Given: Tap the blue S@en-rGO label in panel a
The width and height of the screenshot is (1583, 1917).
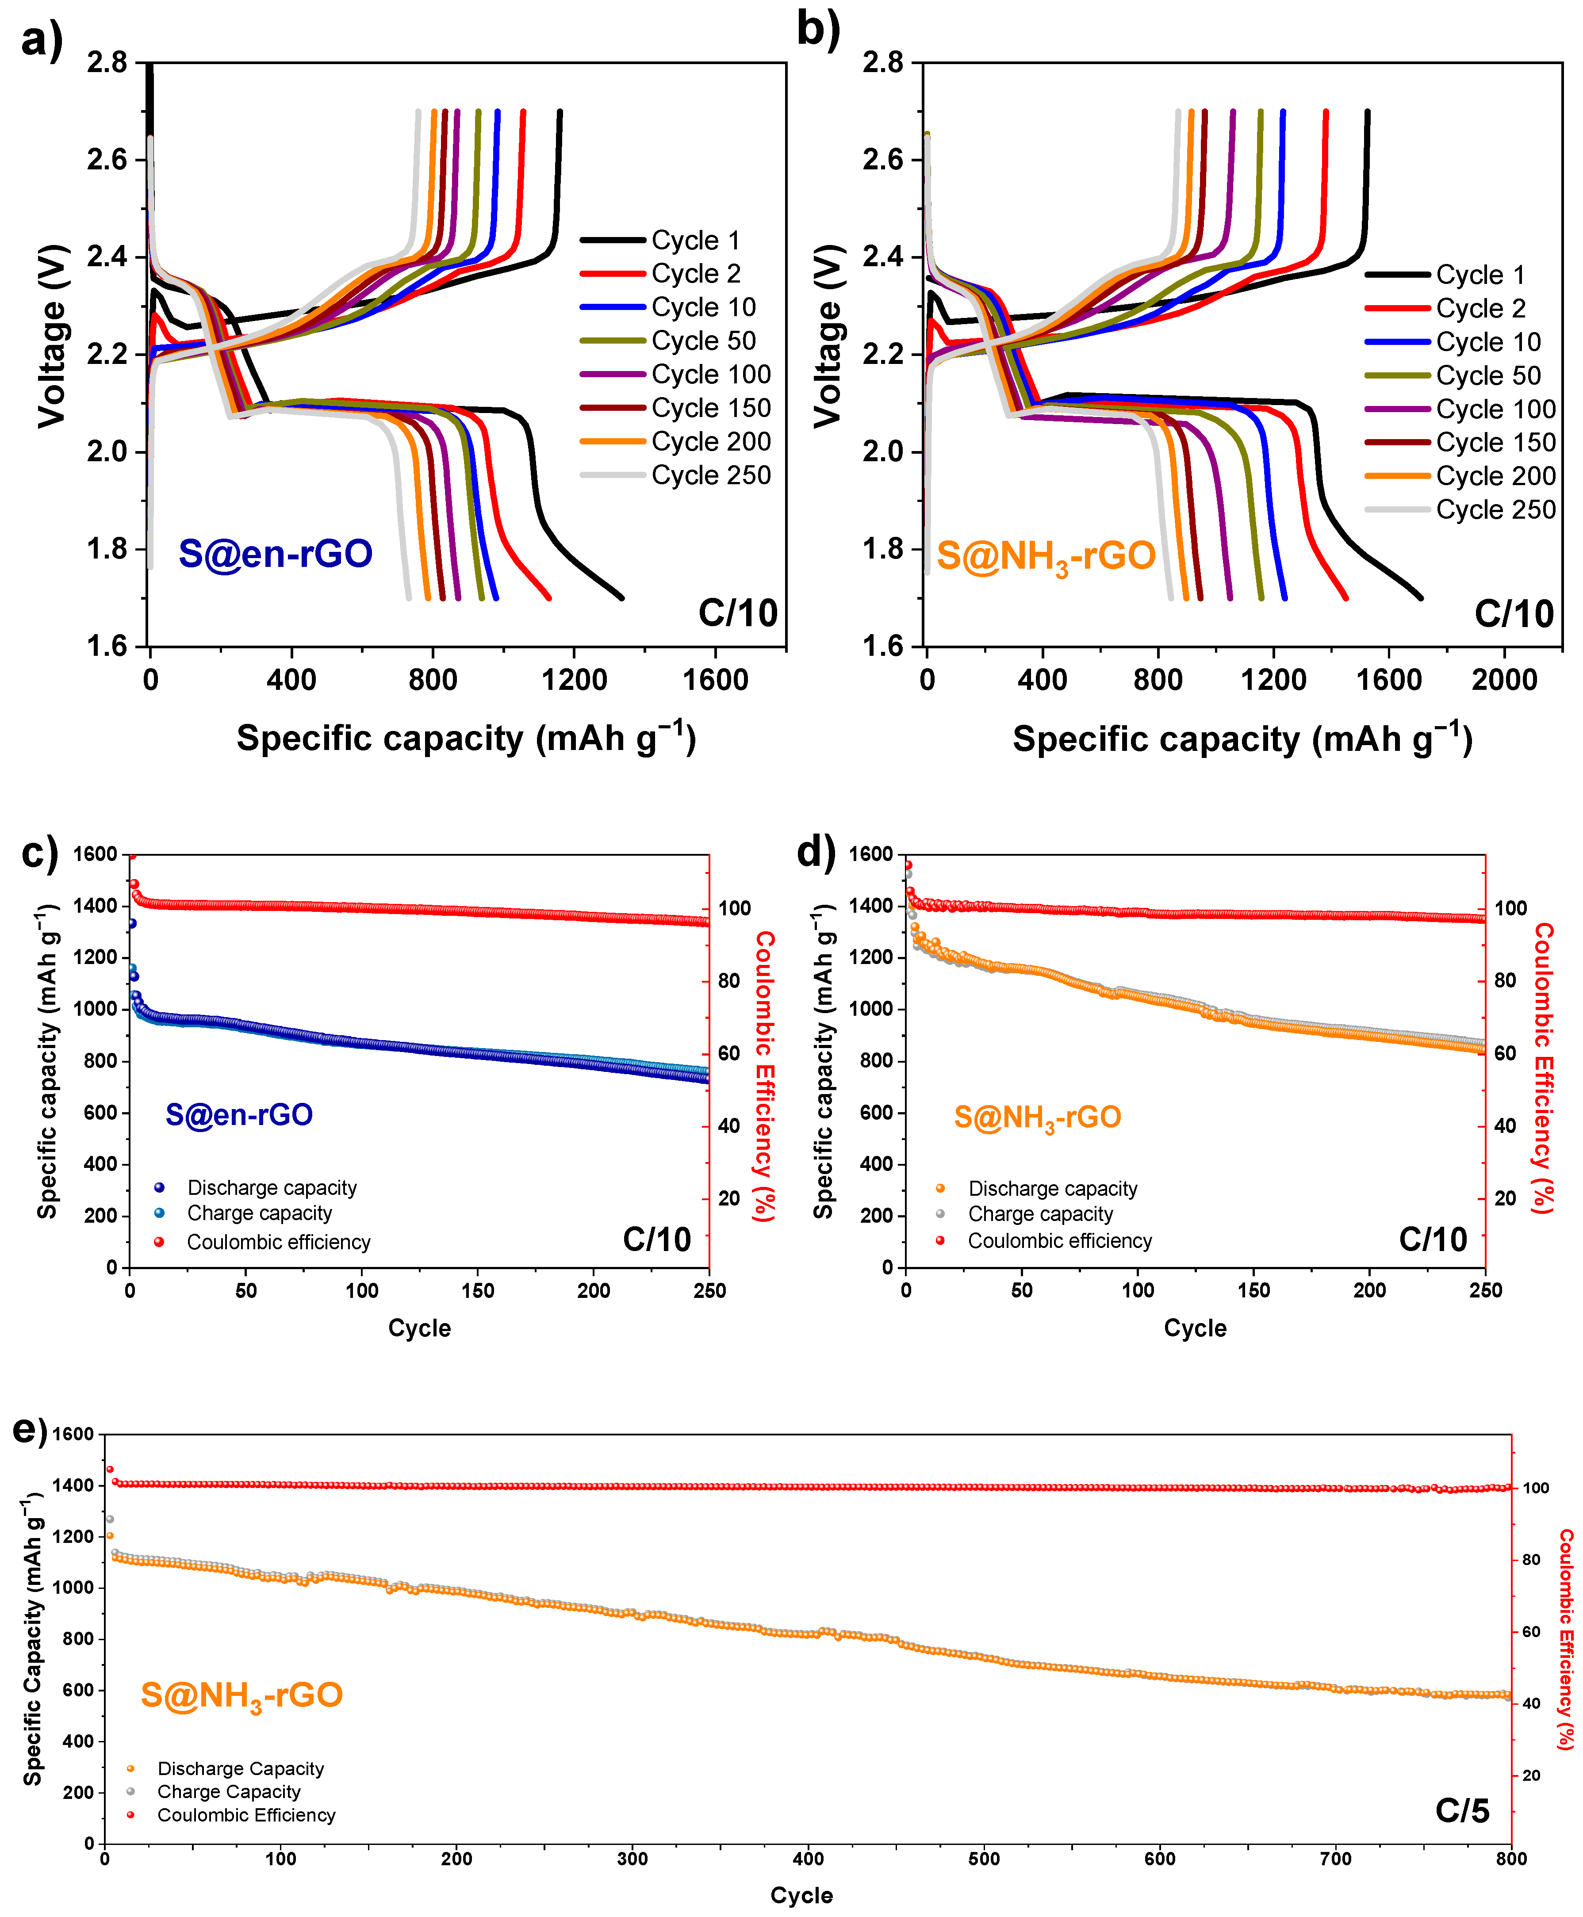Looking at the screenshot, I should pyautogui.click(x=276, y=553).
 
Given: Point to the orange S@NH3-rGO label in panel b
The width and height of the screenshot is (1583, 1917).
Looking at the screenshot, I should pyautogui.click(x=1046, y=556).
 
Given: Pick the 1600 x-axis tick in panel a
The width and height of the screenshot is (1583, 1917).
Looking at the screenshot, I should pyautogui.click(x=716, y=680).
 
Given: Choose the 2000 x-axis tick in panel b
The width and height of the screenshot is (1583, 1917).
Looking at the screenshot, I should pyautogui.click(x=1505, y=680).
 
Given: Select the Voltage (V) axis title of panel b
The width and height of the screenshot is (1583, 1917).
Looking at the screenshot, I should pyautogui.click(x=827, y=336).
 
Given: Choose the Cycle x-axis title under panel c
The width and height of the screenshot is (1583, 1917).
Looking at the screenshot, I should pyautogui.click(x=419, y=1328).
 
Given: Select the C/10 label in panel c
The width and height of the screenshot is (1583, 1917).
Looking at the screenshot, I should pyautogui.click(x=656, y=1240).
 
